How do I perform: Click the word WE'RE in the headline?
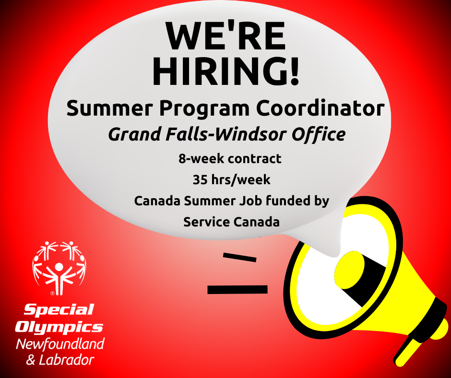pyautogui.click(x=226, y=35)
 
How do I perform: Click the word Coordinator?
pyautogui.click(x=320, y=108)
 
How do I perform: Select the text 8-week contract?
pyautogui.click(x=230, y=158)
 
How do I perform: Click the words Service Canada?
pyautogui.click(x=231, y=222)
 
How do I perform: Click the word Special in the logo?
pyautogui.click(x=59, y=310)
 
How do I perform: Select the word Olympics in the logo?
pyautogui.click(x=59, y=327)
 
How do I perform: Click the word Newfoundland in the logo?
pyautogui.click(x=60, y=344)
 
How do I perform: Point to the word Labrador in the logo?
pyautogui.click(x=66, y=360)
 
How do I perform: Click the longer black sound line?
pyautogui.click(x=237, y=289)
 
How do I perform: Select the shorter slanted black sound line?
pyautogui.click(x=239, y=257)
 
